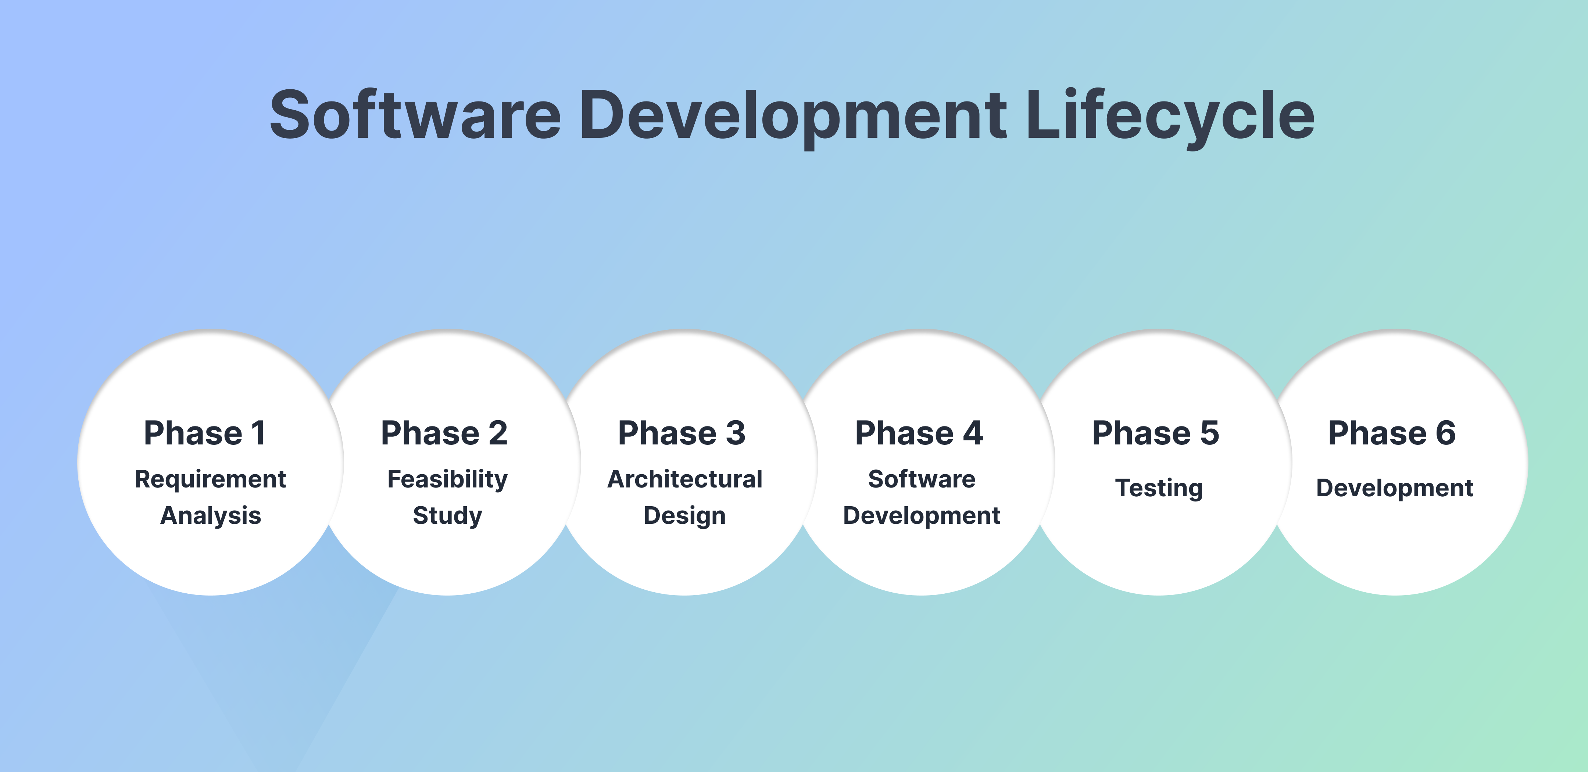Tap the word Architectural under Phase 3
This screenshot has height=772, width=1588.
685,479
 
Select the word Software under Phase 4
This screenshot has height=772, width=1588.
922,479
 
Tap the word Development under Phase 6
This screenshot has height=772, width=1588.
1394,488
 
